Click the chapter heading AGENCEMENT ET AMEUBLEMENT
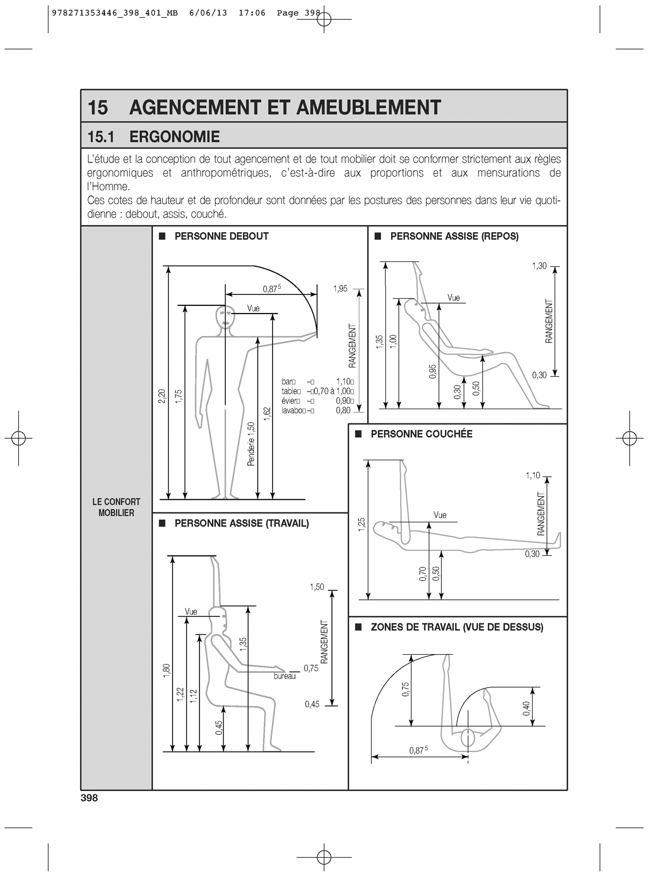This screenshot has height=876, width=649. pos(285,107)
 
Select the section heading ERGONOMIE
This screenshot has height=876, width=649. pos(174,137)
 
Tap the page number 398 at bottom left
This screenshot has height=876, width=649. pos(88,798)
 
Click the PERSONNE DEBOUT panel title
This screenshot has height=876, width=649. pos(221,237)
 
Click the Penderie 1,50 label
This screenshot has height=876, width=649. pos(251,444)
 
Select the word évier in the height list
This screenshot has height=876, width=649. pos(289,401)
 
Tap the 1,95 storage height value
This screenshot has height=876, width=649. pos(340,288)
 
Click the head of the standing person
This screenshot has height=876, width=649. pos(224,317)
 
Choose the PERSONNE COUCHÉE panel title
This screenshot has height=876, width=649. pos(421,434)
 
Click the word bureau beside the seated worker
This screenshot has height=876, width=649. pos(285,676)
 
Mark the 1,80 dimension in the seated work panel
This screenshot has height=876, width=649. pos(167,671)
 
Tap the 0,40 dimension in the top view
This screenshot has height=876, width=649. pos(526,708)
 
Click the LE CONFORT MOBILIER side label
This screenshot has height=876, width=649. pos(116,507)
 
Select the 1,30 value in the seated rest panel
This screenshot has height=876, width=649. pos(539,266)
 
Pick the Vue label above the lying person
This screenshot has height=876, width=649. pos(440,515)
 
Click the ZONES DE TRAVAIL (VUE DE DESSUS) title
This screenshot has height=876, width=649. pos(457,627)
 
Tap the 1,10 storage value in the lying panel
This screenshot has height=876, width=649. pos(532,476)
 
